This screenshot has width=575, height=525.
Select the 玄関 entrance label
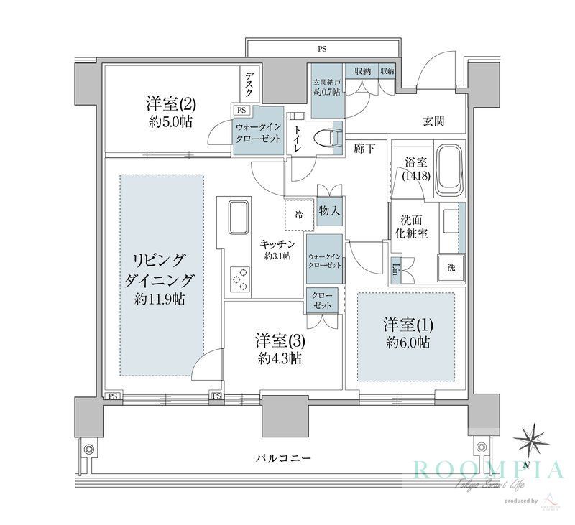pyautogui.click(x=433, y=121)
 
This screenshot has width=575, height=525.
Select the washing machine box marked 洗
pyautogui.click(x=451, y=267)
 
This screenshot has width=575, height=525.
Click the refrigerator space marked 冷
pyautogui.click(x=299, y=213)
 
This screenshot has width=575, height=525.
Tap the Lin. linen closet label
pyautogui.click(x=397, y=271)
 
